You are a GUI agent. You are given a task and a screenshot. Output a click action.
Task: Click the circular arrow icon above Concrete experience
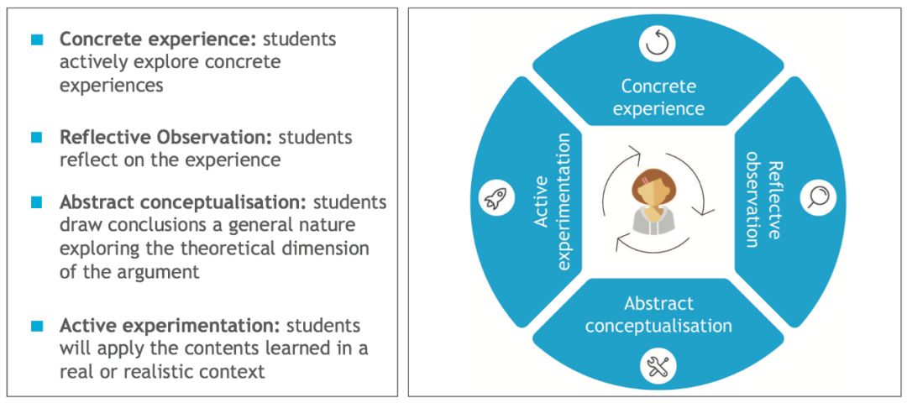click(x=657, y=44)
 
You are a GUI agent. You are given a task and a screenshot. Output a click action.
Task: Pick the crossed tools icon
click(x=657, y=365)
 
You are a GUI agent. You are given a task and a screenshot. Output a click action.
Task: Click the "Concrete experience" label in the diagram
click(x=658, y=97)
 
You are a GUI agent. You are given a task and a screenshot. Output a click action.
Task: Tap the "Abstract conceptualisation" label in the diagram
click(x=658, y=314)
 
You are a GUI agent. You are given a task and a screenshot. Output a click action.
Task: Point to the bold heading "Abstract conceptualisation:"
click(x=184, y=203)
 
